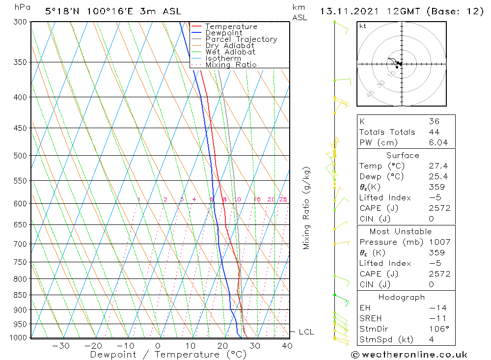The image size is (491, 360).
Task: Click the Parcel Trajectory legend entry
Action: coord(241,39)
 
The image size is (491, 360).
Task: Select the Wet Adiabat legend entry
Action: coord(230,52)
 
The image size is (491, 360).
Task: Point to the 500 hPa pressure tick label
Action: coord(20,156)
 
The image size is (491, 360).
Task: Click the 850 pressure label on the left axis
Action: coord(20,295)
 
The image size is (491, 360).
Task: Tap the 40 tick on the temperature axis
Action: coord(287,346)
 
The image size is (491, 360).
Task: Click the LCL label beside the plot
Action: coord(306,332)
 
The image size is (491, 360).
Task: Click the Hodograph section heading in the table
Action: coord(402,297)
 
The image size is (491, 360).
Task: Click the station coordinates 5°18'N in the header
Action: coord(63,11)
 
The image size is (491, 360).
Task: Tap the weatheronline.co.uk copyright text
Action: coord(409,355)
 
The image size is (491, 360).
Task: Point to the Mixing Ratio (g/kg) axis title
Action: coord(307,208)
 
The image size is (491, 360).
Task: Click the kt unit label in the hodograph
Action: coord(362,26)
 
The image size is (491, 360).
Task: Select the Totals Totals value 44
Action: coord(434,132)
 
